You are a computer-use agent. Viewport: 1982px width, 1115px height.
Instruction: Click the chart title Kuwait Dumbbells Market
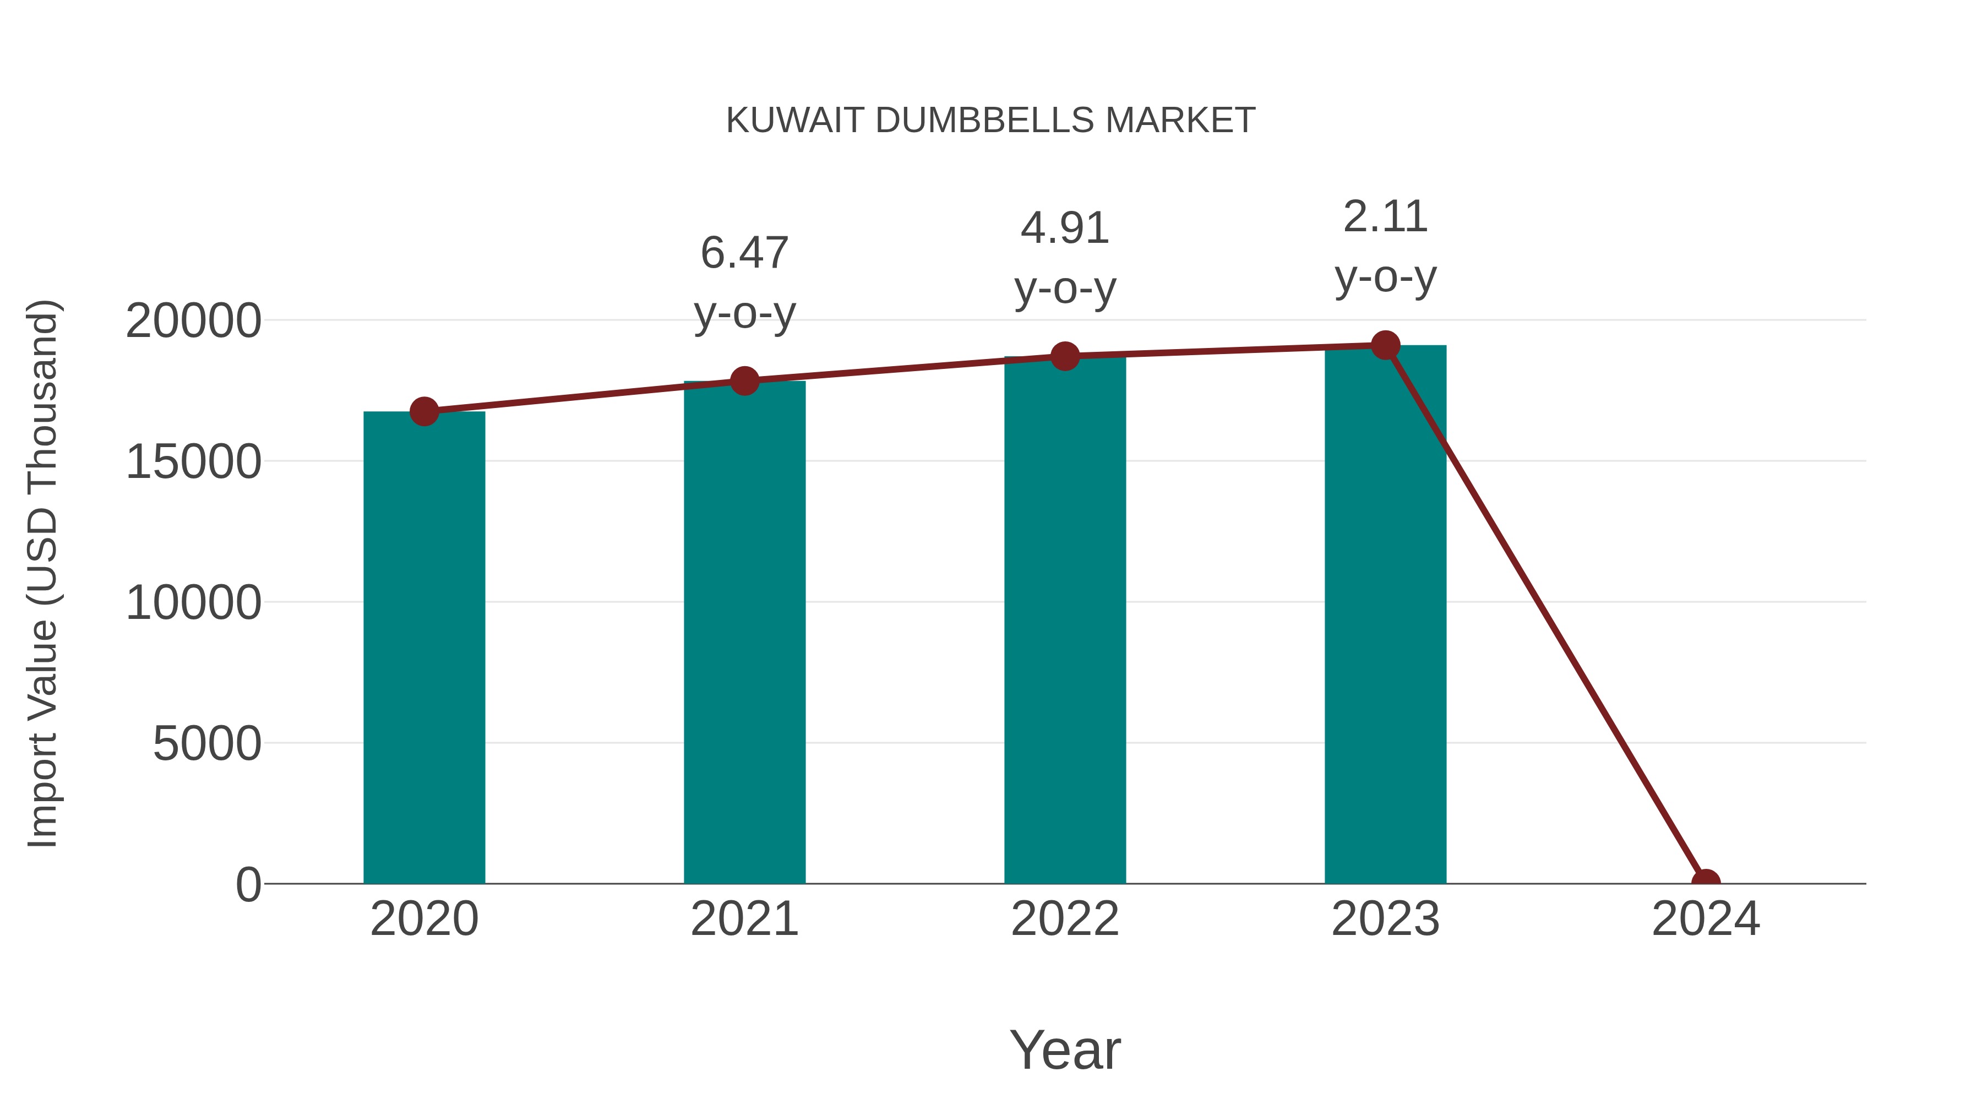(990, 121)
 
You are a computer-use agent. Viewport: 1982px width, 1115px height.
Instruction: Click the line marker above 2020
(424, 412)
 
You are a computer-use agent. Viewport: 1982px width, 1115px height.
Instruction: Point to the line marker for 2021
(744, 381)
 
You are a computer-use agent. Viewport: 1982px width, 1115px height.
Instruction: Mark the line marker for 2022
(1065, 356)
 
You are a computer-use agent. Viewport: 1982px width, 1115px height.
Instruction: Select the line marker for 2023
(1385, 345)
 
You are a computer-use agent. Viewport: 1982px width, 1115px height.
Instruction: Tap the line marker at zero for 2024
(1706, 882)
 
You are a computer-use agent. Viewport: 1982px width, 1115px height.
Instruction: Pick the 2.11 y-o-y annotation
(1385, 246)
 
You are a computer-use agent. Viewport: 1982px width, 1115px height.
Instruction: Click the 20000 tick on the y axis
(193, 321)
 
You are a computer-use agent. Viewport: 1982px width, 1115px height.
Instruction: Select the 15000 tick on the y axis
(193, 462)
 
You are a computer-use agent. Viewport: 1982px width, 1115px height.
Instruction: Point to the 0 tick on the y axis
(248, 885)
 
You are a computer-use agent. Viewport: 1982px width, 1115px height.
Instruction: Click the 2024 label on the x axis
(1706, 919)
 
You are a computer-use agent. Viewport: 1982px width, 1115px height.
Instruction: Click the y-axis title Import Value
(43, 573)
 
